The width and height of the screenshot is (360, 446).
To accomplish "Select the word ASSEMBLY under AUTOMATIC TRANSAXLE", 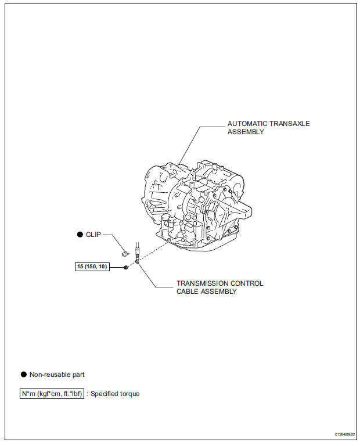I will [246, 132].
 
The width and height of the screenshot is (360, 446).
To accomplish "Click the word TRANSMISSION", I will [200, 283].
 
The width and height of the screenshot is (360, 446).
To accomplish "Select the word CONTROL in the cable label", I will [246, 283].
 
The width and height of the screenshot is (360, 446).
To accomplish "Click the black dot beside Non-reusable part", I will [23, 375].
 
